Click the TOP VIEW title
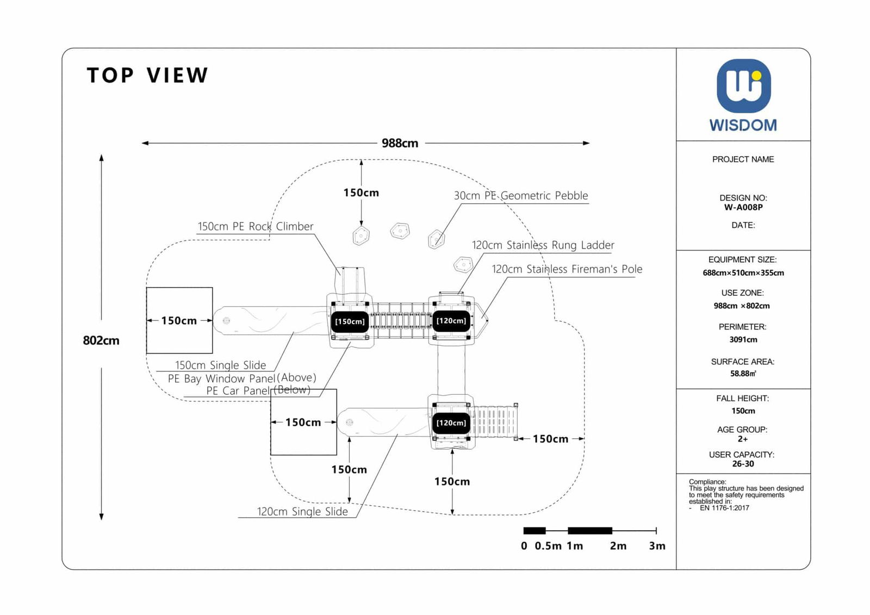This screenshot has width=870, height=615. pyautogui.click(x=147, y=76)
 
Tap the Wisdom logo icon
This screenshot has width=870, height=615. pyautogui.click(x=743, y=86)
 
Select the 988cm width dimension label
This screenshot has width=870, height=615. pyautogui.click(x=400, y=143)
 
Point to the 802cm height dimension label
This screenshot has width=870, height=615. pyautogui.click(x=101, y=340)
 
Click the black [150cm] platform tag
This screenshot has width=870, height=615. pyautogui.click(x=350, y=321)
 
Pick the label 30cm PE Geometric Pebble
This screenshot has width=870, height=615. pyautogui.click(x=521, y=196)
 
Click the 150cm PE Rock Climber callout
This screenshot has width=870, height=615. pyautogui.click(x=255, y=227)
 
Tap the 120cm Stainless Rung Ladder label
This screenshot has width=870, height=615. pyautogui.click(x=543, y=245)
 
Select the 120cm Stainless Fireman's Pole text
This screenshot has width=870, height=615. pyautogui.click(x=567, y=269)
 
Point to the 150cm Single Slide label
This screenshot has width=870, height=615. pyautogui.click(x=220, y=365)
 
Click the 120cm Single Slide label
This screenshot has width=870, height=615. pyautogui.click(x=302, y=512)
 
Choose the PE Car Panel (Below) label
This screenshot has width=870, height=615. pyautogui.click(x=258, y=390)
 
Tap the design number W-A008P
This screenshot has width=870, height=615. pyautogui.click(x=743, y=207)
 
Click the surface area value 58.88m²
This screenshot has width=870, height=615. pyautogui.click(x=743, y=374)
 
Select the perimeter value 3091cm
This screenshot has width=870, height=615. pyautogui.click(x=743, y=339)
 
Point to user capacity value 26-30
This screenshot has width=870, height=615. pyautogui.click(x=743, y=464)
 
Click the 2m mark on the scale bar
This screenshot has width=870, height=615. pyautogui.click(x=618, y=546)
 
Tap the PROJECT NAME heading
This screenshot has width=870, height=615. pyautogui.click(x=743, y=159)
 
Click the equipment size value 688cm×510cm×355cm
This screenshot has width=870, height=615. pyautogui.click(x=743, y=273)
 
